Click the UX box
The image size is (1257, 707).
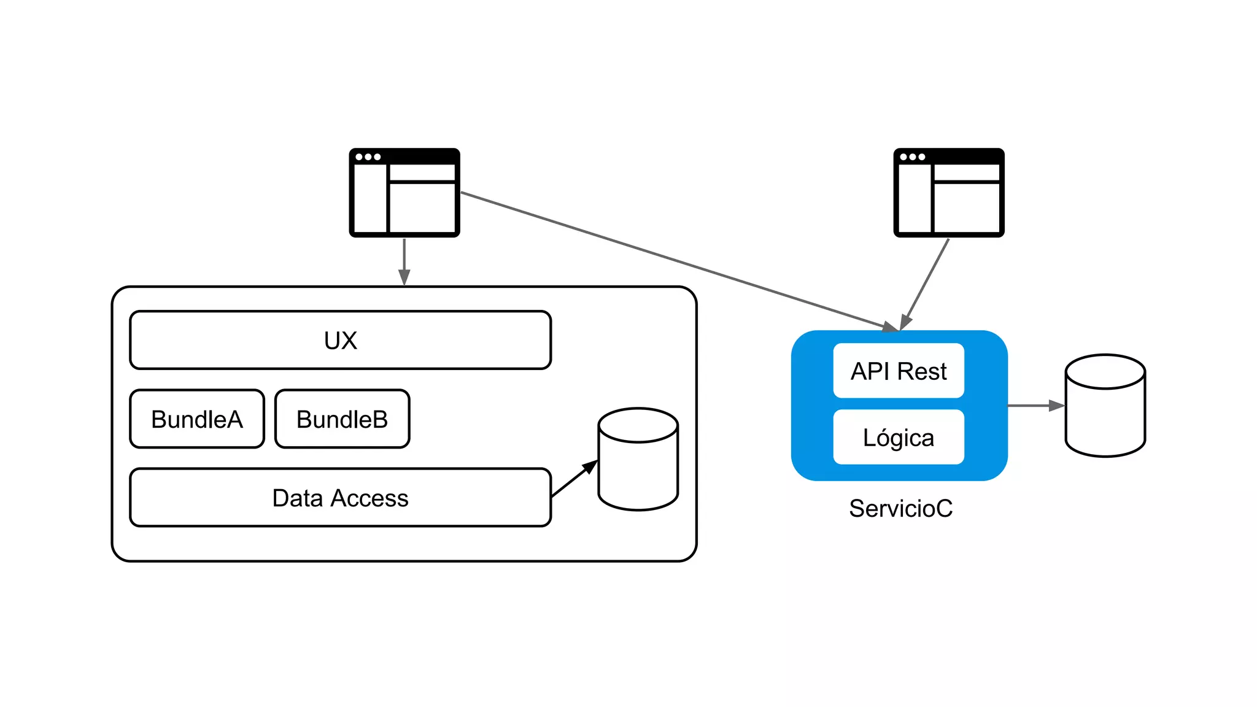tap(340, 340)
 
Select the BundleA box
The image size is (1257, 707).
tap(197, 419)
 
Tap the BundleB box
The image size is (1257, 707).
tap(342, 419)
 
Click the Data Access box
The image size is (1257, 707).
tap(340, 498)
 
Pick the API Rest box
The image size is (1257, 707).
tap(898, 371)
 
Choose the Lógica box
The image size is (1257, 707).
tap(898, 437)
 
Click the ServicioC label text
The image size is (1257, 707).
tap(900, 508)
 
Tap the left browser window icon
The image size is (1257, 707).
tap(404, 192)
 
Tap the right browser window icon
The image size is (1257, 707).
tap(948, 192)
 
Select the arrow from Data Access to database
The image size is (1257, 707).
tap(574, 479)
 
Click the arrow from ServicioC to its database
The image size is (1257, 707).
tap(1035, 406)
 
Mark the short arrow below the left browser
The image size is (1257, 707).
tap(404, 261)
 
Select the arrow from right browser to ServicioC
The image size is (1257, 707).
tap(926, 283)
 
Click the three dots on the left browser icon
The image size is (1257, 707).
tap(368, 157)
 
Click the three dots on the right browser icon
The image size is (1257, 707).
tap(912, 157)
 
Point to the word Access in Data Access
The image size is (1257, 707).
tap(369, 498)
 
